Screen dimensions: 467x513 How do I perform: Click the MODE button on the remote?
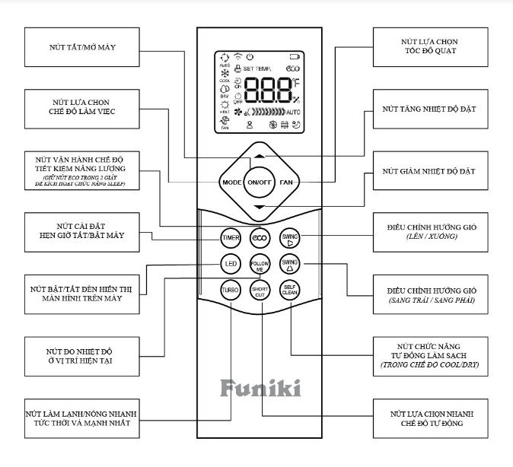(231, 183)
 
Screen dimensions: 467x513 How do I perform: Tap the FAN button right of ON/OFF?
(285, 183)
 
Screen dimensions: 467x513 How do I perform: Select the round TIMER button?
(231, 237)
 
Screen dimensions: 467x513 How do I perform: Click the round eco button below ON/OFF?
(260, 237)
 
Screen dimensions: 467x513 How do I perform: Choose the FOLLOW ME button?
(260, 265)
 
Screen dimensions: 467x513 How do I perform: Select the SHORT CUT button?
(260, 291)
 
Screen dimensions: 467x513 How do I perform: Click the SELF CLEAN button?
(290, 291)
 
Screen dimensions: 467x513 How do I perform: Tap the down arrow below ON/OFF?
(259, 207)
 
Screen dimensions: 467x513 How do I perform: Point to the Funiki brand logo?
(260, 389)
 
